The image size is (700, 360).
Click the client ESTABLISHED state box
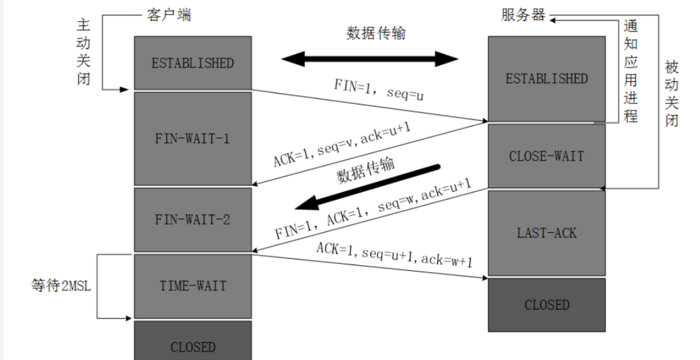pos(193,63)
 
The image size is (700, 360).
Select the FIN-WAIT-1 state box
pos(193,138)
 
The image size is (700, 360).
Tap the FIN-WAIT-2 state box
pos(193,219)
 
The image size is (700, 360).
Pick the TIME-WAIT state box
pos(193,285)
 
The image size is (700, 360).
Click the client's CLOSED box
pos(193,346)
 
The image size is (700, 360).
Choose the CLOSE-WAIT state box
pos(546,155)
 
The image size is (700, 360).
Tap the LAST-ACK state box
pos(546,233)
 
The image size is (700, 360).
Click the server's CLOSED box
pos(546,305)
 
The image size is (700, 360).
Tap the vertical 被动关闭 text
pos(672,94)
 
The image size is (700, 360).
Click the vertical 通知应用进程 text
pos(630,71)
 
